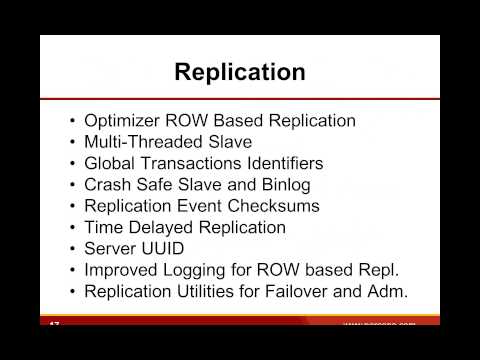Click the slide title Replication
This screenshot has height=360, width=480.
(239, 72)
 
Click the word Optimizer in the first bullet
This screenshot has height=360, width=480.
(122, 121)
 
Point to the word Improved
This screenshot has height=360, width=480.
(121, 271)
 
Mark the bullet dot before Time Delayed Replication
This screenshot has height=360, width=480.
(72, 228)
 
